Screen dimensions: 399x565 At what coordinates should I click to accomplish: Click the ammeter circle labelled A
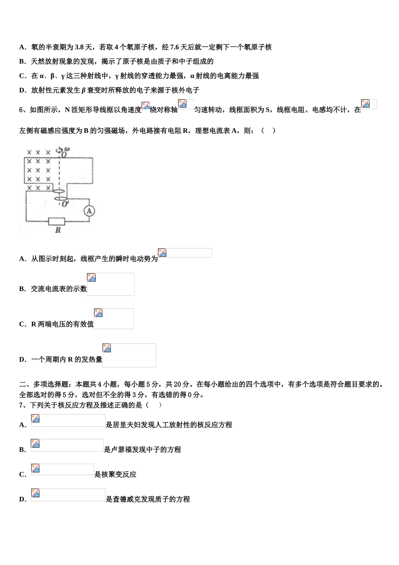pos(89,211)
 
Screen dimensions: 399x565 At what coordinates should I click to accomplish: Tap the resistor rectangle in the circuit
pos(56,221)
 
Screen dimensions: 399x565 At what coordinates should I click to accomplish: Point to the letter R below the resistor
pos(58,230)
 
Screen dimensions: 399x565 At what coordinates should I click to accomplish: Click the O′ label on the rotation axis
pos(65,204)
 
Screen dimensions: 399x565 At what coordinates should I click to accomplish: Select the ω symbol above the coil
pos(67,149)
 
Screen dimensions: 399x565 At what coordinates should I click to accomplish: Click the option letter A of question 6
pos(22,259)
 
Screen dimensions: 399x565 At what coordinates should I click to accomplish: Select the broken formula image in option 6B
pos(111,284)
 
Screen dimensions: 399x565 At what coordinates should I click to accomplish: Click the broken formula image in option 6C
pos(113,319)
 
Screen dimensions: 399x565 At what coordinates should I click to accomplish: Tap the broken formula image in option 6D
pos(129,355)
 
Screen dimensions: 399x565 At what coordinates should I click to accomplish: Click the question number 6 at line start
pos(21,110)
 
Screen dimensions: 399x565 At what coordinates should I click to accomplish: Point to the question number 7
pos(21,405)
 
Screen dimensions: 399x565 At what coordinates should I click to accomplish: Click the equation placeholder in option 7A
pos(68,420)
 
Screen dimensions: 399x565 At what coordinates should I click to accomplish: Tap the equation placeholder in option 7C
pos(63,470)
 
